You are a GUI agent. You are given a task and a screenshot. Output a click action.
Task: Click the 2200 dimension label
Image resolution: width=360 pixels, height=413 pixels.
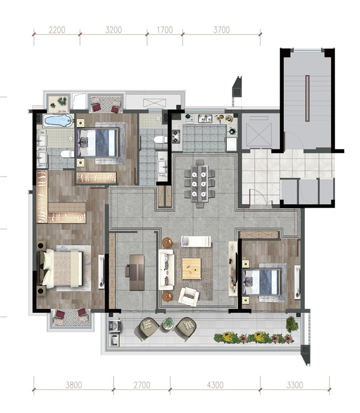pyautogui.click(x=57, y=30)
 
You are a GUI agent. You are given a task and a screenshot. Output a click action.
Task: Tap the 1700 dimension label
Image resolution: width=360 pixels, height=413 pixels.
pyautogui.click(x=165, y=30)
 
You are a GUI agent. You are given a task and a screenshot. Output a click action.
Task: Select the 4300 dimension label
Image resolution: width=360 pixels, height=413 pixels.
pyautogui.click(x=215, y=385)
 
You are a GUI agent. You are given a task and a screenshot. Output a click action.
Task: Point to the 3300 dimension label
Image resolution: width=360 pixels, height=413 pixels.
pyautogui.click(x=295, y=385)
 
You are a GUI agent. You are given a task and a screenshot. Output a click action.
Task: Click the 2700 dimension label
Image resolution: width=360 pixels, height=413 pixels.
pyautogui.click(x=142, y=385)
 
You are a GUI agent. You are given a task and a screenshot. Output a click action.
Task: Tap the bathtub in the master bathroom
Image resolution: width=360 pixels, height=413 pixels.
pyautogui.click(x=58, y=121)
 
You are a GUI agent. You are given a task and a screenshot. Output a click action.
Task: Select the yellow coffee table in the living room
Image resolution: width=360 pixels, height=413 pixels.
pyautogui.click(x=191, y=269)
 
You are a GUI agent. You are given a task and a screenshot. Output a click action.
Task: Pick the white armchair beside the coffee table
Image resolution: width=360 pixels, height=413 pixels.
pyautogui.click(x=188, y=296)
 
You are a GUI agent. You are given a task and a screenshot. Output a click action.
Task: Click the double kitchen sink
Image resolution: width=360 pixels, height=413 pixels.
pyautogui.click(x=205, y=119)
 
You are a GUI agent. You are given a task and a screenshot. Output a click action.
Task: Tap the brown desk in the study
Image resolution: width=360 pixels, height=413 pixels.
pyautogui.click(x=137, y=272)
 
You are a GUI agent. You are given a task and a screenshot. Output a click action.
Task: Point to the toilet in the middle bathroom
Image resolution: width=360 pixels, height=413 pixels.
pyautogui.click(x=160, y=139)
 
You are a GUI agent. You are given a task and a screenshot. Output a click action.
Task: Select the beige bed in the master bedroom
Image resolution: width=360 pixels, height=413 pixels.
pyautogui.click(x=63, y=268)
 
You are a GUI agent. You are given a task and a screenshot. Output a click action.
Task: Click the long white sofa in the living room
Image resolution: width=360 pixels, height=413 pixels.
pyautogui.click(x=166, y=270)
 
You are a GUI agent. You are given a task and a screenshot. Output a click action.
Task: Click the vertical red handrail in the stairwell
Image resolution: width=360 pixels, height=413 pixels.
pyautogui.click(x=307, y=98)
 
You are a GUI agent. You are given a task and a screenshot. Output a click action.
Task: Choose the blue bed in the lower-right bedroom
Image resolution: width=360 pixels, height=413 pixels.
pyautogui.click(x=262, y=282)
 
